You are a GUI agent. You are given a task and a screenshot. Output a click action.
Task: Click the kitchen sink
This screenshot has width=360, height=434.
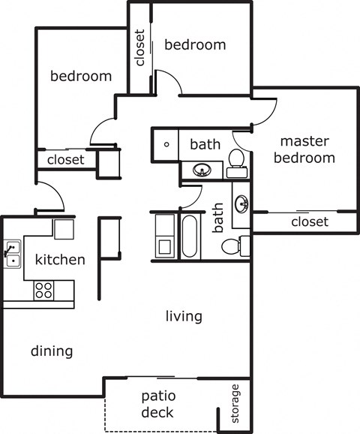(x=11, y=253)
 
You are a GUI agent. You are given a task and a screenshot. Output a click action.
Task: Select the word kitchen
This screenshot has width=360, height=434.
(x=60, y=261)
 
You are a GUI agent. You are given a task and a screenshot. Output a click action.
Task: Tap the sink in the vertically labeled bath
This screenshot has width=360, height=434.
(x=241, y=204)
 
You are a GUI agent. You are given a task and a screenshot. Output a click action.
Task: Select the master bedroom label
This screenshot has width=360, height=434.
(x=304, y=149)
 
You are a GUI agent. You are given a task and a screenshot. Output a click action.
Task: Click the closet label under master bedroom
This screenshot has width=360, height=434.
(x=309, y=222)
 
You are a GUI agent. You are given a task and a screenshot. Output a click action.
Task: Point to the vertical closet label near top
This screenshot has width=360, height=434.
(x=139, y=49)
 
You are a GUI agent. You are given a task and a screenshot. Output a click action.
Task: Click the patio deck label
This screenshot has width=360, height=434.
(x=157, y=404)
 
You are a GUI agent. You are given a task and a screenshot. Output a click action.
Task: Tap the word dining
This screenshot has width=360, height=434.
(x=52, y=351)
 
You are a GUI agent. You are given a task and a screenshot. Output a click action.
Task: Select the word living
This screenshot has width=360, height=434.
(x=184, y=316)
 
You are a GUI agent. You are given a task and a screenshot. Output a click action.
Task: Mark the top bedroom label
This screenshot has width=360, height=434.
(x=195, y=44)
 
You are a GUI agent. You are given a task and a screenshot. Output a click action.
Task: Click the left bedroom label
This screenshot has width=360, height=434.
(x=81, y=76)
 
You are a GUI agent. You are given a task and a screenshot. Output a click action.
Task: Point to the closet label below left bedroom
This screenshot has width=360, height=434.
(x=66, y=160)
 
